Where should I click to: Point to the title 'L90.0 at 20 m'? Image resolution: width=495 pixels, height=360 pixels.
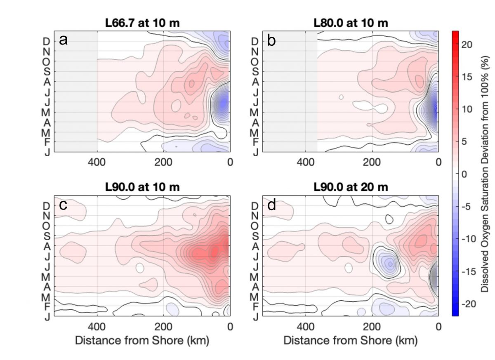350,187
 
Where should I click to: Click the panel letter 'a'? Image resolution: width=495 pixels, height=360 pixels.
63,40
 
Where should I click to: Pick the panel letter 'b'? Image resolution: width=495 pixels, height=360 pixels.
271,40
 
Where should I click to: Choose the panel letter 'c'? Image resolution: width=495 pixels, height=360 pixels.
63,205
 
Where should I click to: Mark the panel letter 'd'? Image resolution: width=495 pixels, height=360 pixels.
271,205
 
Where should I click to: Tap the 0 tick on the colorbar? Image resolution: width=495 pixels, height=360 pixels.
464,174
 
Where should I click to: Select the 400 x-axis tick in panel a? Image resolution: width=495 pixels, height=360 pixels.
97,162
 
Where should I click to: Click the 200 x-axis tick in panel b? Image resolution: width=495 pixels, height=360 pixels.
372,162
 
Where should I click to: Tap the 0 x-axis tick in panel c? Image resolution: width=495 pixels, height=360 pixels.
230,327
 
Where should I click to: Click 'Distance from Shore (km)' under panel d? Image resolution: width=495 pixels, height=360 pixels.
350,341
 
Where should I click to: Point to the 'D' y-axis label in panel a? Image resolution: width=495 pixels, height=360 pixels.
47,42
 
